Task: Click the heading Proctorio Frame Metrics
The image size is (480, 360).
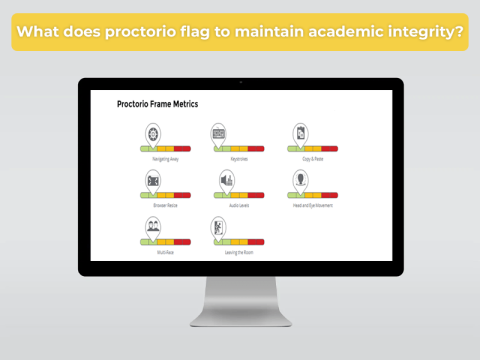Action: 157,104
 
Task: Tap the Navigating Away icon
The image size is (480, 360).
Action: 153,134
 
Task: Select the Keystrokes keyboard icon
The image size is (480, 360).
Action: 218,134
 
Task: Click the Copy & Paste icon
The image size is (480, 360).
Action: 299,134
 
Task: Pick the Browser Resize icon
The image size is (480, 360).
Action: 153,180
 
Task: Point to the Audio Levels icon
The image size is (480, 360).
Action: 226,180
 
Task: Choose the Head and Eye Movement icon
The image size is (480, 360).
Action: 299,180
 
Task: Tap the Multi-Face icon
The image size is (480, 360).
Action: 153,226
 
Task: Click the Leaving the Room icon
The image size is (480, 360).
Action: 220,226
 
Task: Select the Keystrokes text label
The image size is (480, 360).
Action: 239,158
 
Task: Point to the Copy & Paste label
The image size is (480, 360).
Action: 314,158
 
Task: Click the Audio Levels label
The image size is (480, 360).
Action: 238,205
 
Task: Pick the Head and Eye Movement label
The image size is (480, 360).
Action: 313,205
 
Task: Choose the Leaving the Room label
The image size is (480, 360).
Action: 239,252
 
